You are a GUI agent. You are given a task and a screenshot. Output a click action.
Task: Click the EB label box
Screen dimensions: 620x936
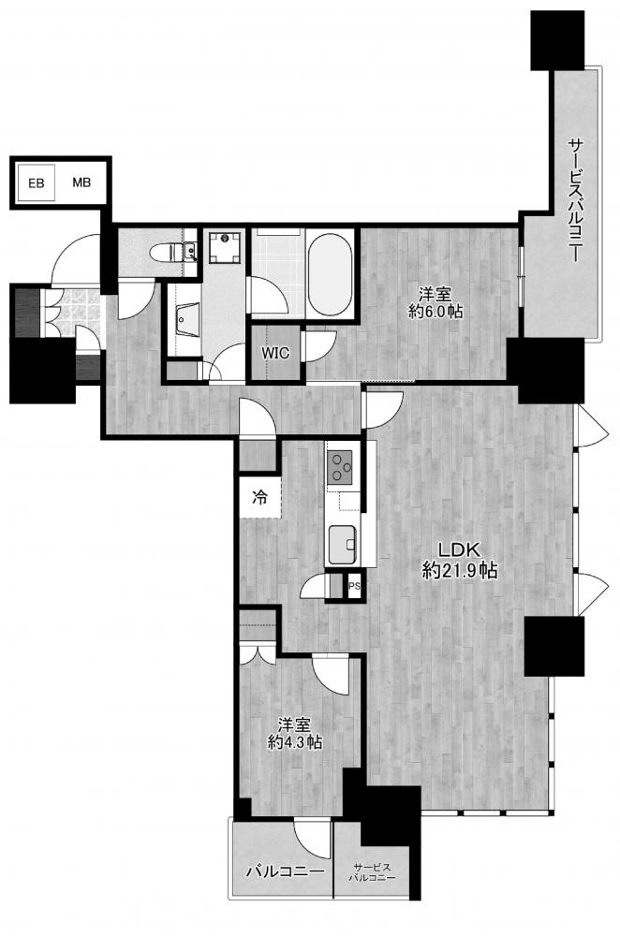(x=36, y=183)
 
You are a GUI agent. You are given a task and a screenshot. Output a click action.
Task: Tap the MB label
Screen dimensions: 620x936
(x=81, y=183)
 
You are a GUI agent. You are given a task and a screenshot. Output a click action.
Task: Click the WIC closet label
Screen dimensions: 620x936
(x=275, y=354)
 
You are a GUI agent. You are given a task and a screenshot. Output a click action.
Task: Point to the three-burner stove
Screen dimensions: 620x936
(x=339, y=467)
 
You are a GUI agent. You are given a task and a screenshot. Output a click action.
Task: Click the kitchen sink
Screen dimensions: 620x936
(x=343, y=544)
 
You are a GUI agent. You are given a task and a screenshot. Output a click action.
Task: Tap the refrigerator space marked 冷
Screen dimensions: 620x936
(x=259, y=497)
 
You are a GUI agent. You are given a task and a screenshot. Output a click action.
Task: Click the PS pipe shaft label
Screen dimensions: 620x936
(x=354, y=586)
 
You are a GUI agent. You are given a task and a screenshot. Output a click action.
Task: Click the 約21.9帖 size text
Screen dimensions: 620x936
(x=459, y=571)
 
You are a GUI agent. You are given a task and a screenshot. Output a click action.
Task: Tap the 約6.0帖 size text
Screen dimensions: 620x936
(x=434, y=311)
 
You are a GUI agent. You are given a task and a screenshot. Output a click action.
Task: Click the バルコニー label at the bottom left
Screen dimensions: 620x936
(x=286, y=872)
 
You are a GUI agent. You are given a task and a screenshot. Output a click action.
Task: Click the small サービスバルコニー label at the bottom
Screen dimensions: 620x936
(x=372, y=872)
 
